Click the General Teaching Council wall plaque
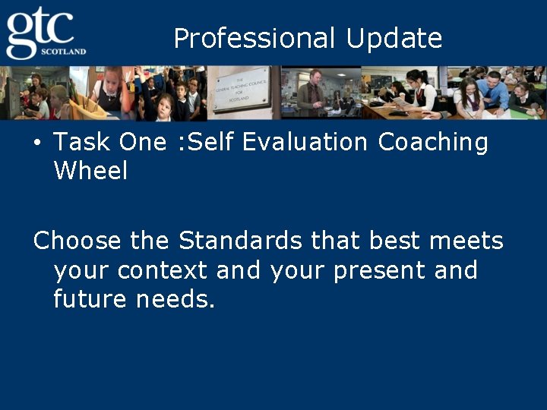click(x=239, y=93)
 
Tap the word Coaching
click(x=433, y=142)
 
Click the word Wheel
click(x=90, y=171)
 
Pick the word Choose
click(x=77, y=241)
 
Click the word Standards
click(x=241, y=241)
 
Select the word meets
click(x=466, y=241)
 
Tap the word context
click(x=163, y=270)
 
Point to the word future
click(x=90, y=299)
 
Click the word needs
click(x=175, y=299)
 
